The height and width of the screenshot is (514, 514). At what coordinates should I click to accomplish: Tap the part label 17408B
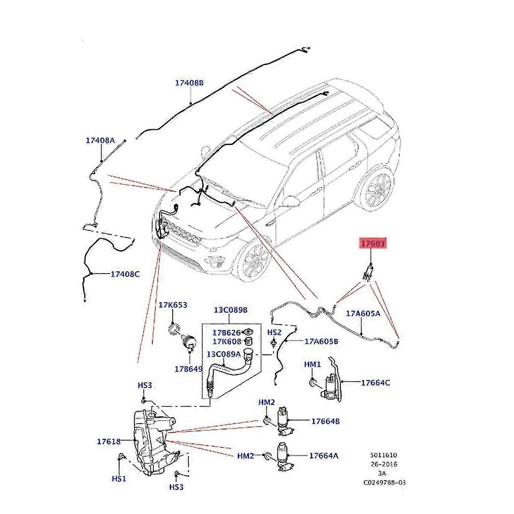click(189, 83)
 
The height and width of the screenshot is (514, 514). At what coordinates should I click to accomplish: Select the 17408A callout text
click(100, 140)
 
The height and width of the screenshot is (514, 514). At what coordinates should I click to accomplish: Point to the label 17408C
click(125, 274)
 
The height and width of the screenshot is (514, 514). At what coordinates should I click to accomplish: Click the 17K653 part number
click(173, 305)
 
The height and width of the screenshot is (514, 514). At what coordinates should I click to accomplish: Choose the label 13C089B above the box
click(231, 310)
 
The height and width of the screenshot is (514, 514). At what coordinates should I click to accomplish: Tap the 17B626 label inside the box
click(226, 333)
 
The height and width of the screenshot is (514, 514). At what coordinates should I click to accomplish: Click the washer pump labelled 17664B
click(284, 421)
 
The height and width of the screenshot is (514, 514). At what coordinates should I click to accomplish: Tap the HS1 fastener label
click(119, 479)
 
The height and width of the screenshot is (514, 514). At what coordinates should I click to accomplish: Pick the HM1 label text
click(312, 365)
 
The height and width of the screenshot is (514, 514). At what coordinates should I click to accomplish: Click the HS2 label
click(274, 332)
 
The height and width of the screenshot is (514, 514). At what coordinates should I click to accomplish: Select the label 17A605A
click(363, 313)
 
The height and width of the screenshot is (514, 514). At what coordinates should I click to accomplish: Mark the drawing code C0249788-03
click(384, 482)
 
